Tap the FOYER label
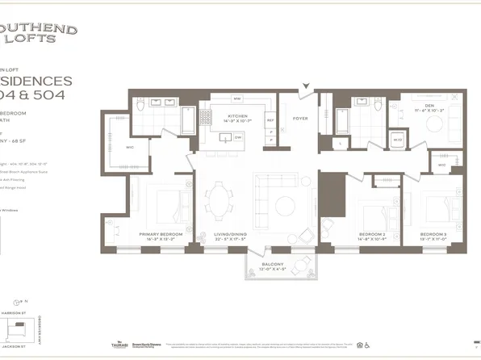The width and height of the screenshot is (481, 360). point(300,118)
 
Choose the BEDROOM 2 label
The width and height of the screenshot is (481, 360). point(373,235)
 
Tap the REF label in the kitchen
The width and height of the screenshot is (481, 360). point(270,121)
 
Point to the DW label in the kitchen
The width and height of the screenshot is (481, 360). point(238,137)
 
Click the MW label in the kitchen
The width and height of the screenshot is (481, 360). point(237,99)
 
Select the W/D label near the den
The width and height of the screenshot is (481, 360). point(398,140)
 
